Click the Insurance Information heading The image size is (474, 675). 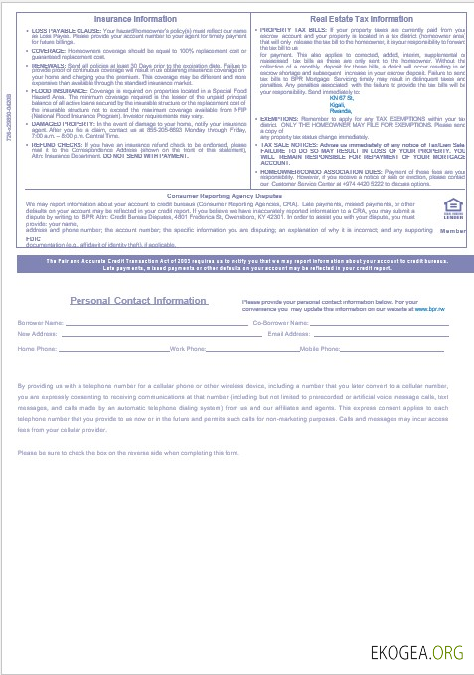tap(134, 19)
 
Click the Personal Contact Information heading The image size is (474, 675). tap(138, 301)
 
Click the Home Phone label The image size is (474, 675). tap(38, 350)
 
